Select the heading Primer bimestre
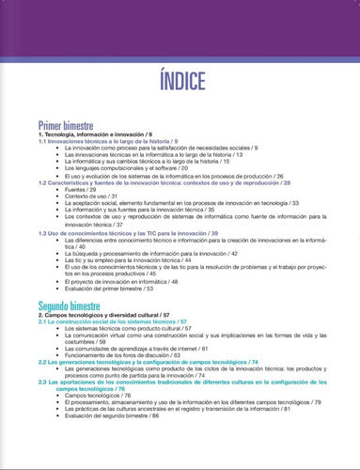click(70, 125)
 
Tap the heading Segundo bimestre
click(77, 305)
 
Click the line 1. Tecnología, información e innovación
click(102, 135)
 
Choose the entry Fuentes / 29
click(82, 188)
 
